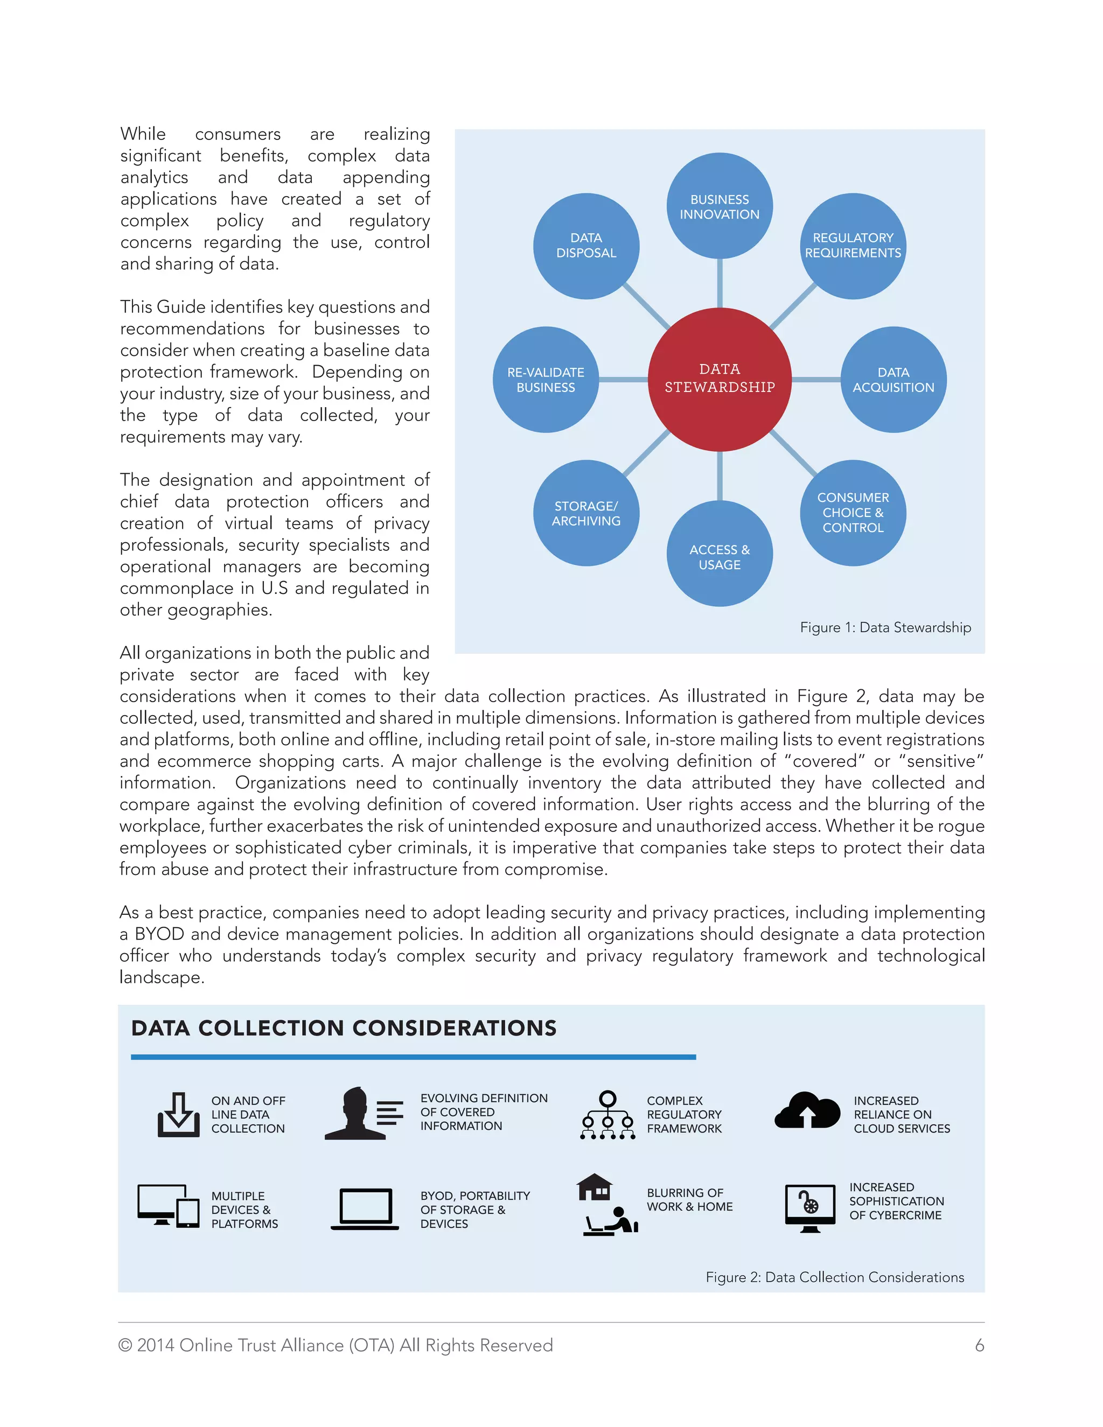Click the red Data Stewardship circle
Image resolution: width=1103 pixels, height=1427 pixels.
(720, 379)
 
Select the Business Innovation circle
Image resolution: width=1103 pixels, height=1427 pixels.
(720, 206)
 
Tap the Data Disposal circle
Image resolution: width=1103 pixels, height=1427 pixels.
(586, 246)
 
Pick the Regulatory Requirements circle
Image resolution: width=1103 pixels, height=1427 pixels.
(853, 246)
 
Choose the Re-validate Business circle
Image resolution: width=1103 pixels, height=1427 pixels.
(546, 380)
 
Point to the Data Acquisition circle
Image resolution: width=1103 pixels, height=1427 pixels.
(893, 380)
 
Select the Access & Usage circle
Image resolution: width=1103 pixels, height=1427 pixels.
(720, 554)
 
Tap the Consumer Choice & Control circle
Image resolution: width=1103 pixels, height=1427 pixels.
(853, 513)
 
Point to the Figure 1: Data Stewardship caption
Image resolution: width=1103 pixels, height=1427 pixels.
(885, 627)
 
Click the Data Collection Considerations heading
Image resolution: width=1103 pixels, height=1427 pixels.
(344, 1029)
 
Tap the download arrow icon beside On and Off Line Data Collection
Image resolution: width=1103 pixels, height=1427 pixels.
(178, 1114)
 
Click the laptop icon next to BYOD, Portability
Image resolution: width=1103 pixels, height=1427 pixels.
(365, 1209)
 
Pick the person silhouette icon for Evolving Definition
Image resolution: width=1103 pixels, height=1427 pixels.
(356, 1114)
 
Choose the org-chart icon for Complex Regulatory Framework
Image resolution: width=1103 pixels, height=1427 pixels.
(608, 1115)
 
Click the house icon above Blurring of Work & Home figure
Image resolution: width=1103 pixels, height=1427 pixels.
(595, 1187)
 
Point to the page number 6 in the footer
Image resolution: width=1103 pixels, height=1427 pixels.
(979, 1345)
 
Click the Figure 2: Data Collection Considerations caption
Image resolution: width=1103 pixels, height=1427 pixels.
(834, 1277)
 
